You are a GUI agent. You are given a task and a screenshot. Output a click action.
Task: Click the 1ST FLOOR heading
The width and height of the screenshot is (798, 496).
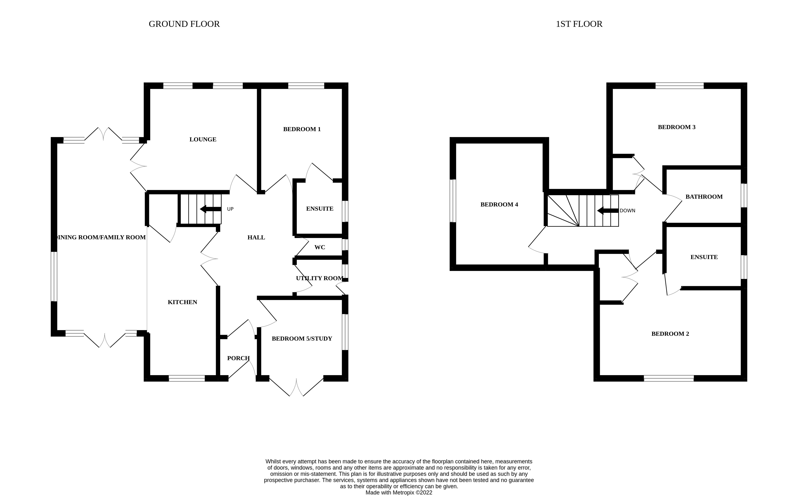coord(579,24)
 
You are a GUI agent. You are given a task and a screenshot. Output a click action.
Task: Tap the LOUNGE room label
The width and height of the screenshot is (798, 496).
coord(203,139)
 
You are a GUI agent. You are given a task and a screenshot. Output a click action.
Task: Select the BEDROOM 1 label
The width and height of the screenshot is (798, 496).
coord(302,129)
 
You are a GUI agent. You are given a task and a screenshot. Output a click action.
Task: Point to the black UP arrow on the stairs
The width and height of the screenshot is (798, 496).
coord(210,209)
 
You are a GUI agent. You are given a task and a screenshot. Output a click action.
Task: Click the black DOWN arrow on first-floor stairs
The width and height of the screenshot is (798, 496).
coord(608,210)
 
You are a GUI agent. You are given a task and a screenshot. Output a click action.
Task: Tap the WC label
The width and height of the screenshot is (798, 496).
coord(319,247)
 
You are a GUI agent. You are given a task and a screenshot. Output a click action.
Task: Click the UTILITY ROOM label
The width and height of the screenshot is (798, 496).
coord(319,278)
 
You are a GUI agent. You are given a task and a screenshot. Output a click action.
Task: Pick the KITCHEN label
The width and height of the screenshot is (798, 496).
coord(182,302)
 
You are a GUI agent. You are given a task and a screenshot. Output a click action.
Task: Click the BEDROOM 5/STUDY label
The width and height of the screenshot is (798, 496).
coord(302,338)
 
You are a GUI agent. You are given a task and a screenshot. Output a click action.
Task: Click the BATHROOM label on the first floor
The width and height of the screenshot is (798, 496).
coord(704,197)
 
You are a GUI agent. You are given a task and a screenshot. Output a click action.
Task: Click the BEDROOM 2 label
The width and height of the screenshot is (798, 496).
coord(670,334)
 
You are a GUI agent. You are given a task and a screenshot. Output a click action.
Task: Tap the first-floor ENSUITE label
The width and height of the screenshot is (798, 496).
coord(704,257)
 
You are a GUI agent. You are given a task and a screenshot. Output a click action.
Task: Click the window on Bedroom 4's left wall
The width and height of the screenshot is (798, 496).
coord(453,201)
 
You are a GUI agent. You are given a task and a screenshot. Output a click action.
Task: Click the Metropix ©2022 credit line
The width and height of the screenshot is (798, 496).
coord(399,492)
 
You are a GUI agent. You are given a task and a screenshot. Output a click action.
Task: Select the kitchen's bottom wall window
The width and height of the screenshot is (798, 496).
coord(187,378)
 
